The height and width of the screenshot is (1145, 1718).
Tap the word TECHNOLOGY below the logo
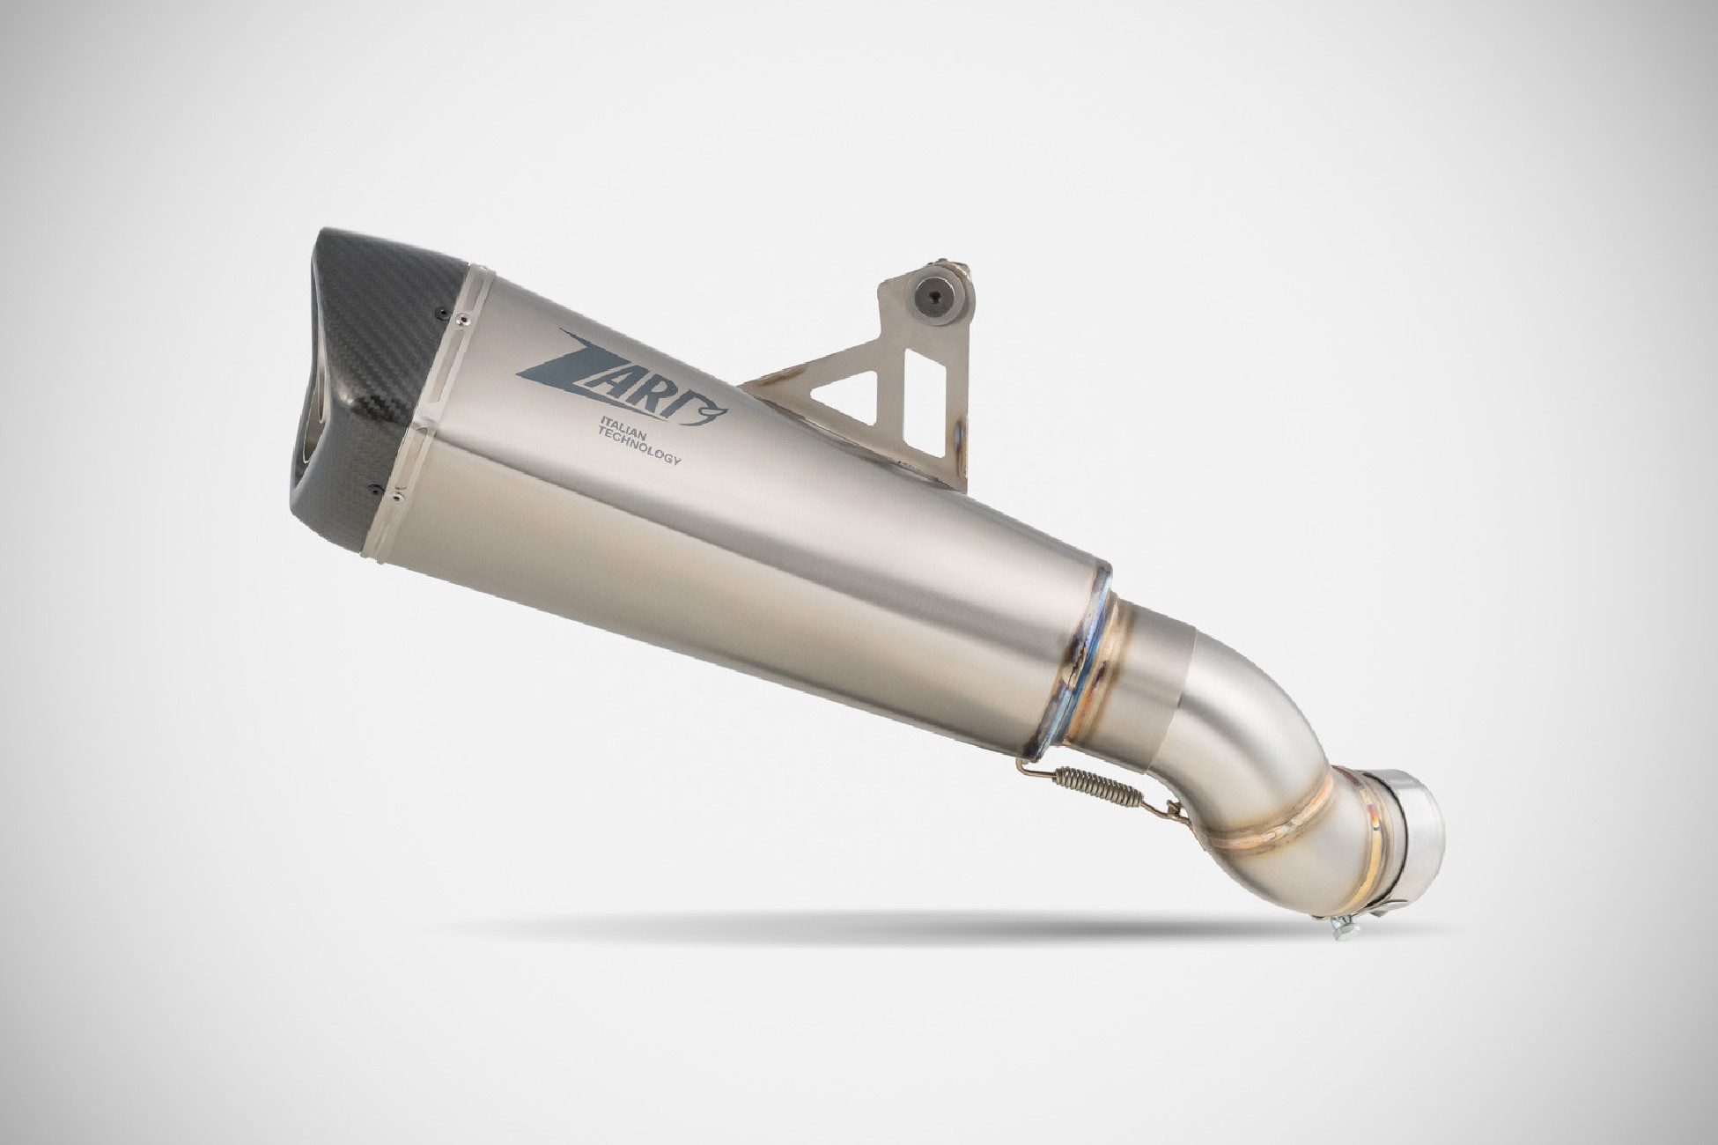pos(640,448)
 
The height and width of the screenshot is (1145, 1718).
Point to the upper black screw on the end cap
pos(438,309)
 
